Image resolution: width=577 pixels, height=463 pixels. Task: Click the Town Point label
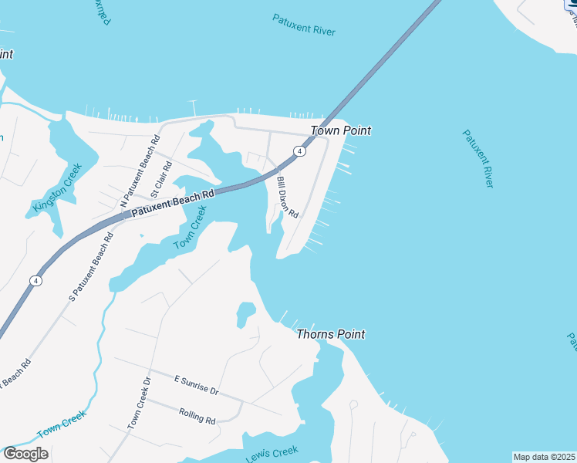pos(340,130)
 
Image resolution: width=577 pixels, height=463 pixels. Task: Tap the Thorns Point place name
pos(331,334)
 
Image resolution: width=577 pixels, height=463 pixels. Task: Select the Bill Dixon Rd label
pos(287,198)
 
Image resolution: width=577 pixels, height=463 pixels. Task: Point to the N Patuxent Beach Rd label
pos(140,171)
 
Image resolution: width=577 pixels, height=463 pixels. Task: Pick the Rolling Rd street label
pos(197,416)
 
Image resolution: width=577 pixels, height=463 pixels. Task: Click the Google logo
pos(25,454)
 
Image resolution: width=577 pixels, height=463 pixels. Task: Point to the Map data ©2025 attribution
pos(544,457)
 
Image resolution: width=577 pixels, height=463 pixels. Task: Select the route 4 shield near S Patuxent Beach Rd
pos(35,281)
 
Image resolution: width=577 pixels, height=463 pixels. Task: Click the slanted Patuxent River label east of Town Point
pos(477,158)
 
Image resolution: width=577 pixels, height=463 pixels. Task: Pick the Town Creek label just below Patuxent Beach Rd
pos(191,228)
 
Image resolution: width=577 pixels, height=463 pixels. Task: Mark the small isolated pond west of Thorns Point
pos(245,313)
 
